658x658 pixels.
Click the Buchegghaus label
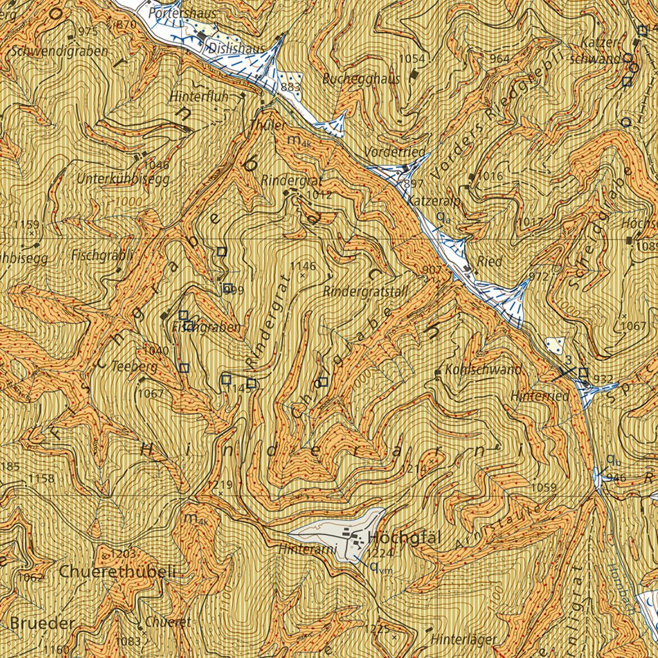click(x=361, y=79)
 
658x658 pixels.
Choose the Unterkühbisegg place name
click(x=123, y=179)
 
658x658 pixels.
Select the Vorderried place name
click(x=395, y=152)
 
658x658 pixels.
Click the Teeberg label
click(x=134, y=366)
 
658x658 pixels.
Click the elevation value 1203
click(x=123, y=553)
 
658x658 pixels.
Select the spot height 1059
click(x=544, y=488)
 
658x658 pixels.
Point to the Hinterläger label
click(x=464, y=639)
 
